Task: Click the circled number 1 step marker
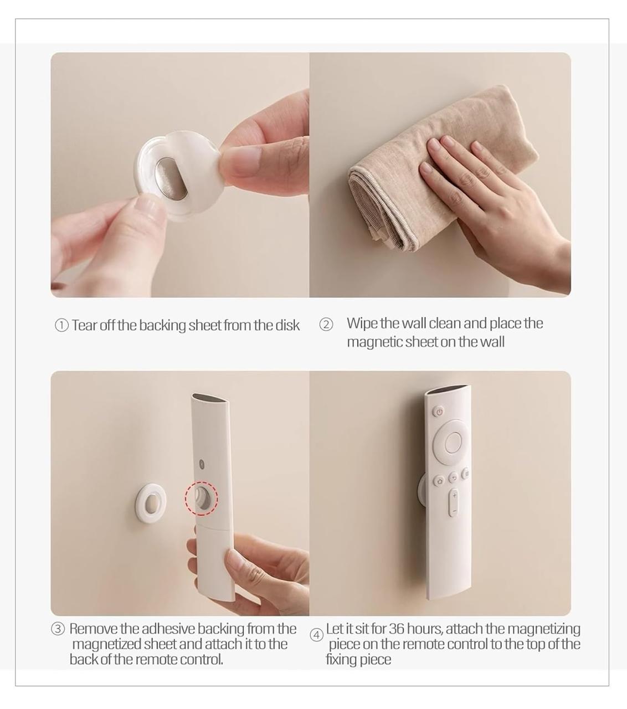pos(61,325)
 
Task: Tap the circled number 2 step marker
pos(326,325)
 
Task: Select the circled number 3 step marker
pos(58,629)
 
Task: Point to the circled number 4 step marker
pos(316,635)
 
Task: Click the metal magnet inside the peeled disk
pos(165,173)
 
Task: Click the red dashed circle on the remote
pos(201,497)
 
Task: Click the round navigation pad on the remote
pos(453,441)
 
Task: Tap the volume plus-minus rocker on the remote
pos(454,502)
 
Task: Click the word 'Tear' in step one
pos(84,325)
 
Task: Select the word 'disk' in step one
pos(287,325)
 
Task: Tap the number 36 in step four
pos(396,629)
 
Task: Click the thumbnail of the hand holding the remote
pos(180,493)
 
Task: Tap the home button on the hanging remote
pos(439,481)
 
